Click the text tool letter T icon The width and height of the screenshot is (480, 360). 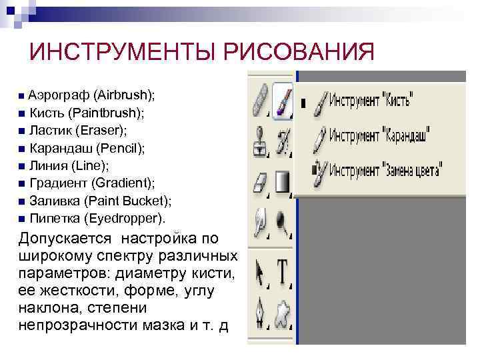pos(283,272)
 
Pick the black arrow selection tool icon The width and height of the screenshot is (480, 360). pos(260,272)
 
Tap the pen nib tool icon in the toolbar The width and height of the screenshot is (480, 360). pos(260,312)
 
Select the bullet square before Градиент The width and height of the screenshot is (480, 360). pos(22,183)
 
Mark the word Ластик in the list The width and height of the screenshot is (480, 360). pos(48,129)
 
